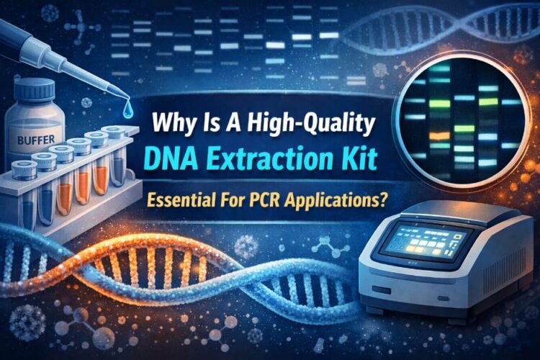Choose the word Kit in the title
(x=356, y=158)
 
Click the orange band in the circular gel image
(x=436, y=135)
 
